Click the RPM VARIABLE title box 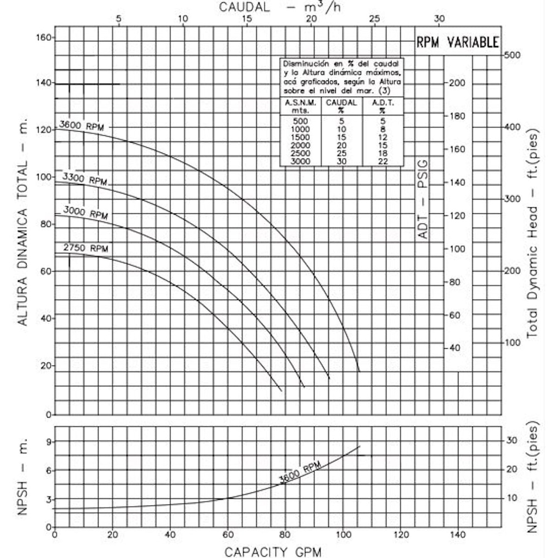457,42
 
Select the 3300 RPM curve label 84,179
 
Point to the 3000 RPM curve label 86,213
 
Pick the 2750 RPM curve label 86,248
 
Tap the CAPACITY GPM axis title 273,551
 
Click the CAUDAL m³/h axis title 281,7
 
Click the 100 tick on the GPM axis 343,535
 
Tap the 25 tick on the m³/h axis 374,18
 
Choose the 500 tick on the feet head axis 513,55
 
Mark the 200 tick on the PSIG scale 457,83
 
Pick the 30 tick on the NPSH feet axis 512,440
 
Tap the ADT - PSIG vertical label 423,199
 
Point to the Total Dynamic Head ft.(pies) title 533,234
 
